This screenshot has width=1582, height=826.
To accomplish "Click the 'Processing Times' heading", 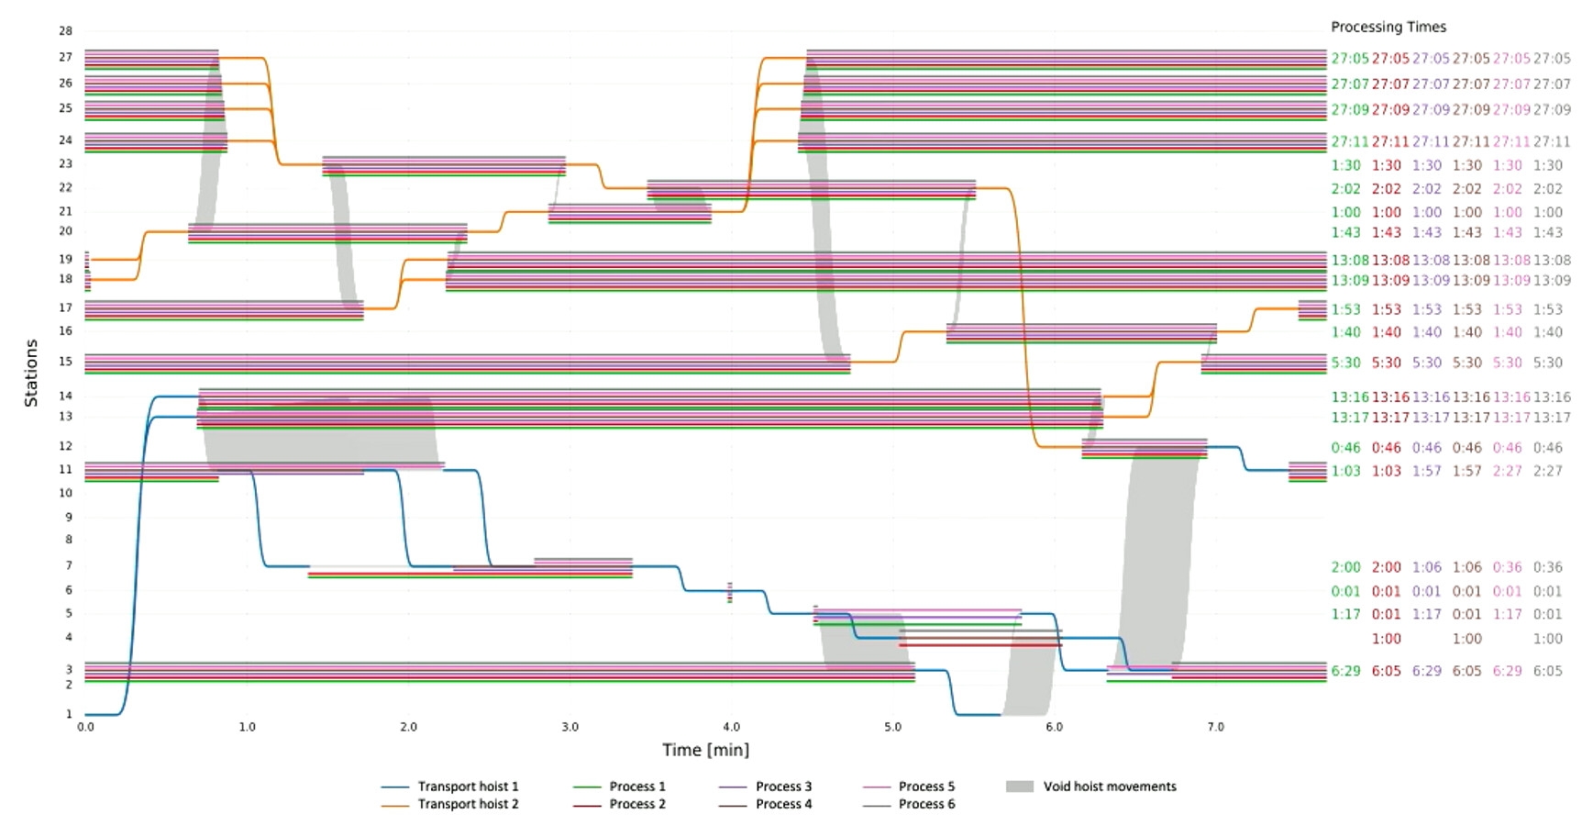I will [x=1388, y=28].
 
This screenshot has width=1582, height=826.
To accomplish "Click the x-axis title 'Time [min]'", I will [x=705, y=750].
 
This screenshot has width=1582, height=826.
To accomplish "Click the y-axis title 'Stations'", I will [x=31, y=373].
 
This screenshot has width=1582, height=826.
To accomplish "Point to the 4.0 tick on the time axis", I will [x=731, y=727].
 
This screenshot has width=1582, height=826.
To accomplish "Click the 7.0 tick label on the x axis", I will [x=1215, y=727].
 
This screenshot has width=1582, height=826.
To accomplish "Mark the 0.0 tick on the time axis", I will [x=85, y=727].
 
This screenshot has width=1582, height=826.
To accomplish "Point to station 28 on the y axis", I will [x=65, y=31].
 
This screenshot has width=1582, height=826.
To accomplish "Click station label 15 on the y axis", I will [x=65, y=362].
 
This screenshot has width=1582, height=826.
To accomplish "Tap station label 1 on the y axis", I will [x=68, y=714].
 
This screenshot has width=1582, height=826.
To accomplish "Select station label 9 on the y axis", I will [x=68, y=517].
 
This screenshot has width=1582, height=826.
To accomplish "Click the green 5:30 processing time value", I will [x=1345, y=363].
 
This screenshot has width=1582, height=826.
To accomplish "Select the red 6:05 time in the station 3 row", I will [x=1386, y=671].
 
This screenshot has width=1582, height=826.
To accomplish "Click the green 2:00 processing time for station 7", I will [x=1345, y=567].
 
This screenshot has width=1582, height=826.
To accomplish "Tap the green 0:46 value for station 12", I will [x=1345, y=448].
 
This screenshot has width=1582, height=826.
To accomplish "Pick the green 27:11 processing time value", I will [x=1349, y=142].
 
